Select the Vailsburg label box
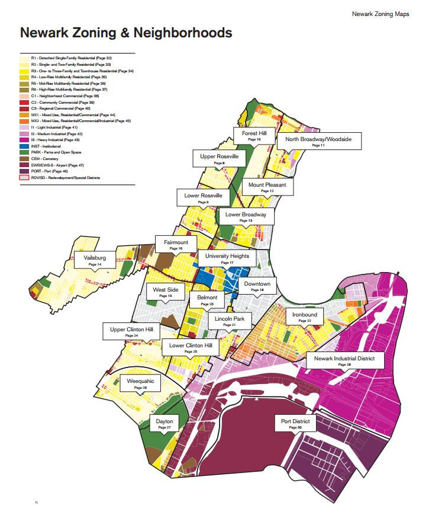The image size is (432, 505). tap(91, 260)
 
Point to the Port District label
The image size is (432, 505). tap(296, 423)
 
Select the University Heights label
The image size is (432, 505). tap(227, 258)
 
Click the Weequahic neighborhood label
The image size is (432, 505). tap(141, 383)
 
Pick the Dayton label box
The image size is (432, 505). tap(165, 423)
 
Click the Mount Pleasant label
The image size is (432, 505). tap(267, 187)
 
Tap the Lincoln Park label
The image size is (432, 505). tap(230, 321)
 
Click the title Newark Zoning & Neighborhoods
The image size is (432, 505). tap(125, 33)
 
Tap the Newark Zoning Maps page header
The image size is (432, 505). tap(380, 13)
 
